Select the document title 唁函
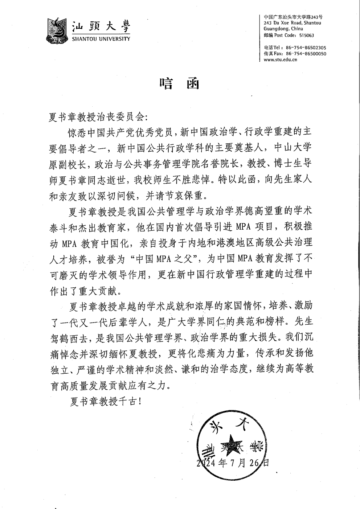pyautogui.click(x=180, y=84)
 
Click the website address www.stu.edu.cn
pyautogui.click(x=281, y=59)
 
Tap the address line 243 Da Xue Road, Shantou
pyautogui.click(x=292, y=23)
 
